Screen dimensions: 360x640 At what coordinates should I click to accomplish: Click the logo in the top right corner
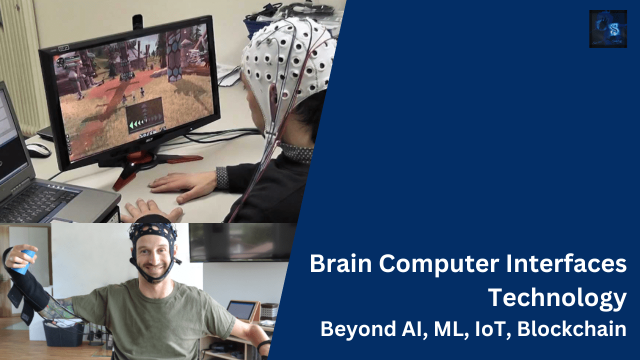pos(608,29)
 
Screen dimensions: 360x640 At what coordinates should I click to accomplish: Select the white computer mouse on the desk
pos(38,149)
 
